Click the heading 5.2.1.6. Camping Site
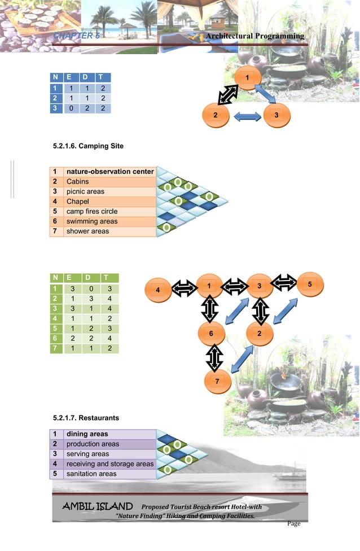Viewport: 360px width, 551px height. pos(87,146)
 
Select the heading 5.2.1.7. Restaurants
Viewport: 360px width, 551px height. pos(86,418)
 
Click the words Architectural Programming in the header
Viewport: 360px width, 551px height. pos(255,36)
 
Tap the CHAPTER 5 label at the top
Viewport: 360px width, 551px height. pos(76,36)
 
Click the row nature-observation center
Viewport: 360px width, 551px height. pos(110,172)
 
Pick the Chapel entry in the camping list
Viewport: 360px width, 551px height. pos(77,202)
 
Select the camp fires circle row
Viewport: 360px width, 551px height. pos(92,212)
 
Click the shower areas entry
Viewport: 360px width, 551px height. pos(87,231)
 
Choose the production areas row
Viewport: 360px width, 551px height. pos(93,444)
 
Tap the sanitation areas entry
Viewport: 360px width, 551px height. pos(91,474)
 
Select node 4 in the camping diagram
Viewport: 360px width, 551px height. pos(158,290)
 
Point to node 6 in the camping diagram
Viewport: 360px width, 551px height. pos(210,333)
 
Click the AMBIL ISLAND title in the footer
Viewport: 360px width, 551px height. pos(97,506)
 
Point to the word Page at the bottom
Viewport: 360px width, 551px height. pos(293,524)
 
